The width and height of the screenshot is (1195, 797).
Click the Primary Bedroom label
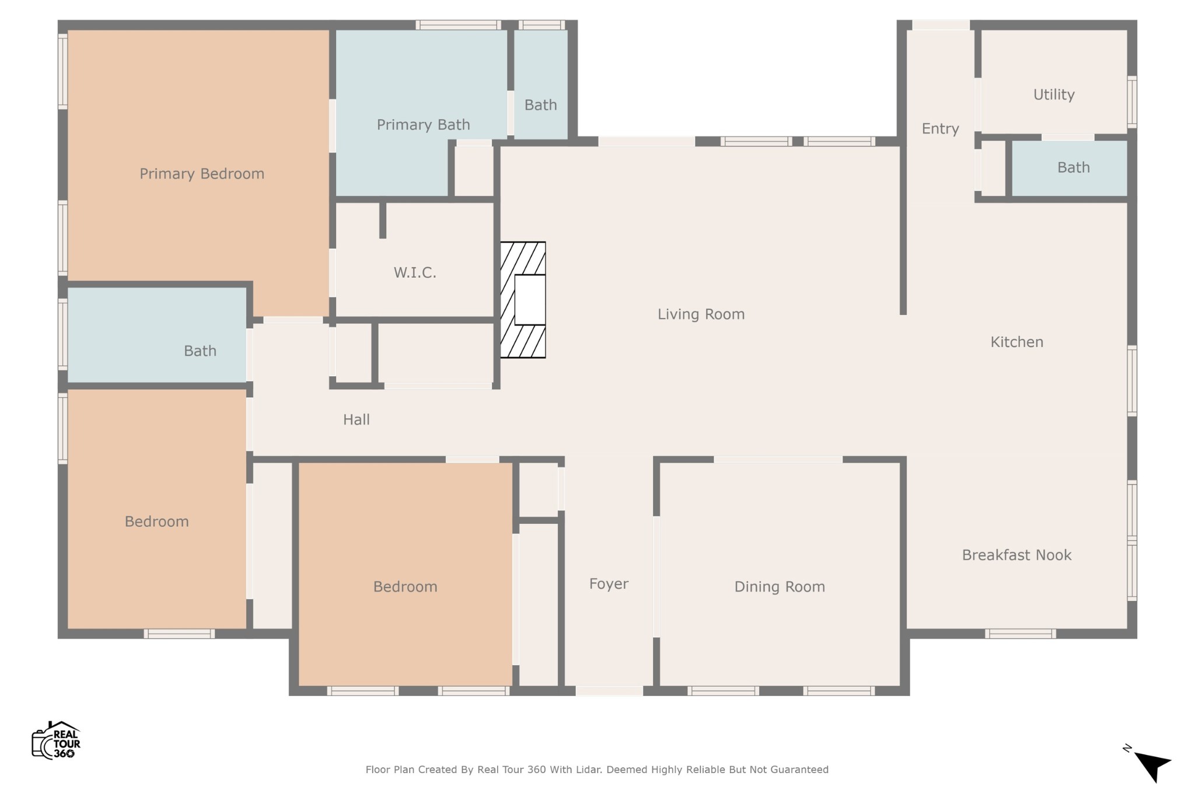202,174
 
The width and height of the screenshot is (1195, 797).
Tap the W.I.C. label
415,272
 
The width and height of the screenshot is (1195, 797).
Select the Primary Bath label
423,125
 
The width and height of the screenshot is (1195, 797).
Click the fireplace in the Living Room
523,299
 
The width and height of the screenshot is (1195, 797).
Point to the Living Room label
701,314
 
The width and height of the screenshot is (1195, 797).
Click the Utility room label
1054,95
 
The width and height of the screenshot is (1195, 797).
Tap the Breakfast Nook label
1016,555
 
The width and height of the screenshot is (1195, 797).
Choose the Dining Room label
780,587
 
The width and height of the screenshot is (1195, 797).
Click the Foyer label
609,584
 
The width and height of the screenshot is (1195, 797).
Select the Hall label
357,420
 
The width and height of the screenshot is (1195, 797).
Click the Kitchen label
1016,342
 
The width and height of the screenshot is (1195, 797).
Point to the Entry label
940,129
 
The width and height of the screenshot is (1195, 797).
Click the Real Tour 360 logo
56,740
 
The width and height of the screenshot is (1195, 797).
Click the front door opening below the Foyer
609,691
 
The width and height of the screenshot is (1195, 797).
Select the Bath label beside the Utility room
1074,168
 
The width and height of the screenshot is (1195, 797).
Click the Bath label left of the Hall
200,351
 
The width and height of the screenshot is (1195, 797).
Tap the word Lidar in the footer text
589,770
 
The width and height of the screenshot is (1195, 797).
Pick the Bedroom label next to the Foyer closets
405,587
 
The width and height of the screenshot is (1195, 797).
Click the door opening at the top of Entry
941,25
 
